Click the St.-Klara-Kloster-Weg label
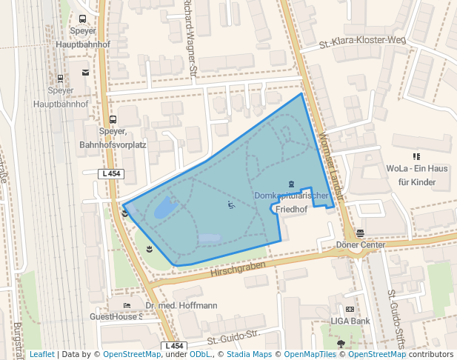click(362, 43)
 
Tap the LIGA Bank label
click(350, 321)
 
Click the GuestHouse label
click(115, 316)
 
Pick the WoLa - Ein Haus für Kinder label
click(416, 175)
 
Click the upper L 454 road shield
click(110, 174)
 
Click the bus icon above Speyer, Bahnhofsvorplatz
click(113, 119)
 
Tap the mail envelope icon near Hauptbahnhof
click(85, 73)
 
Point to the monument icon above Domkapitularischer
click(291, 183)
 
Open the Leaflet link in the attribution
click(41, 354)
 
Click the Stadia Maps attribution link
click(248, 354)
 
